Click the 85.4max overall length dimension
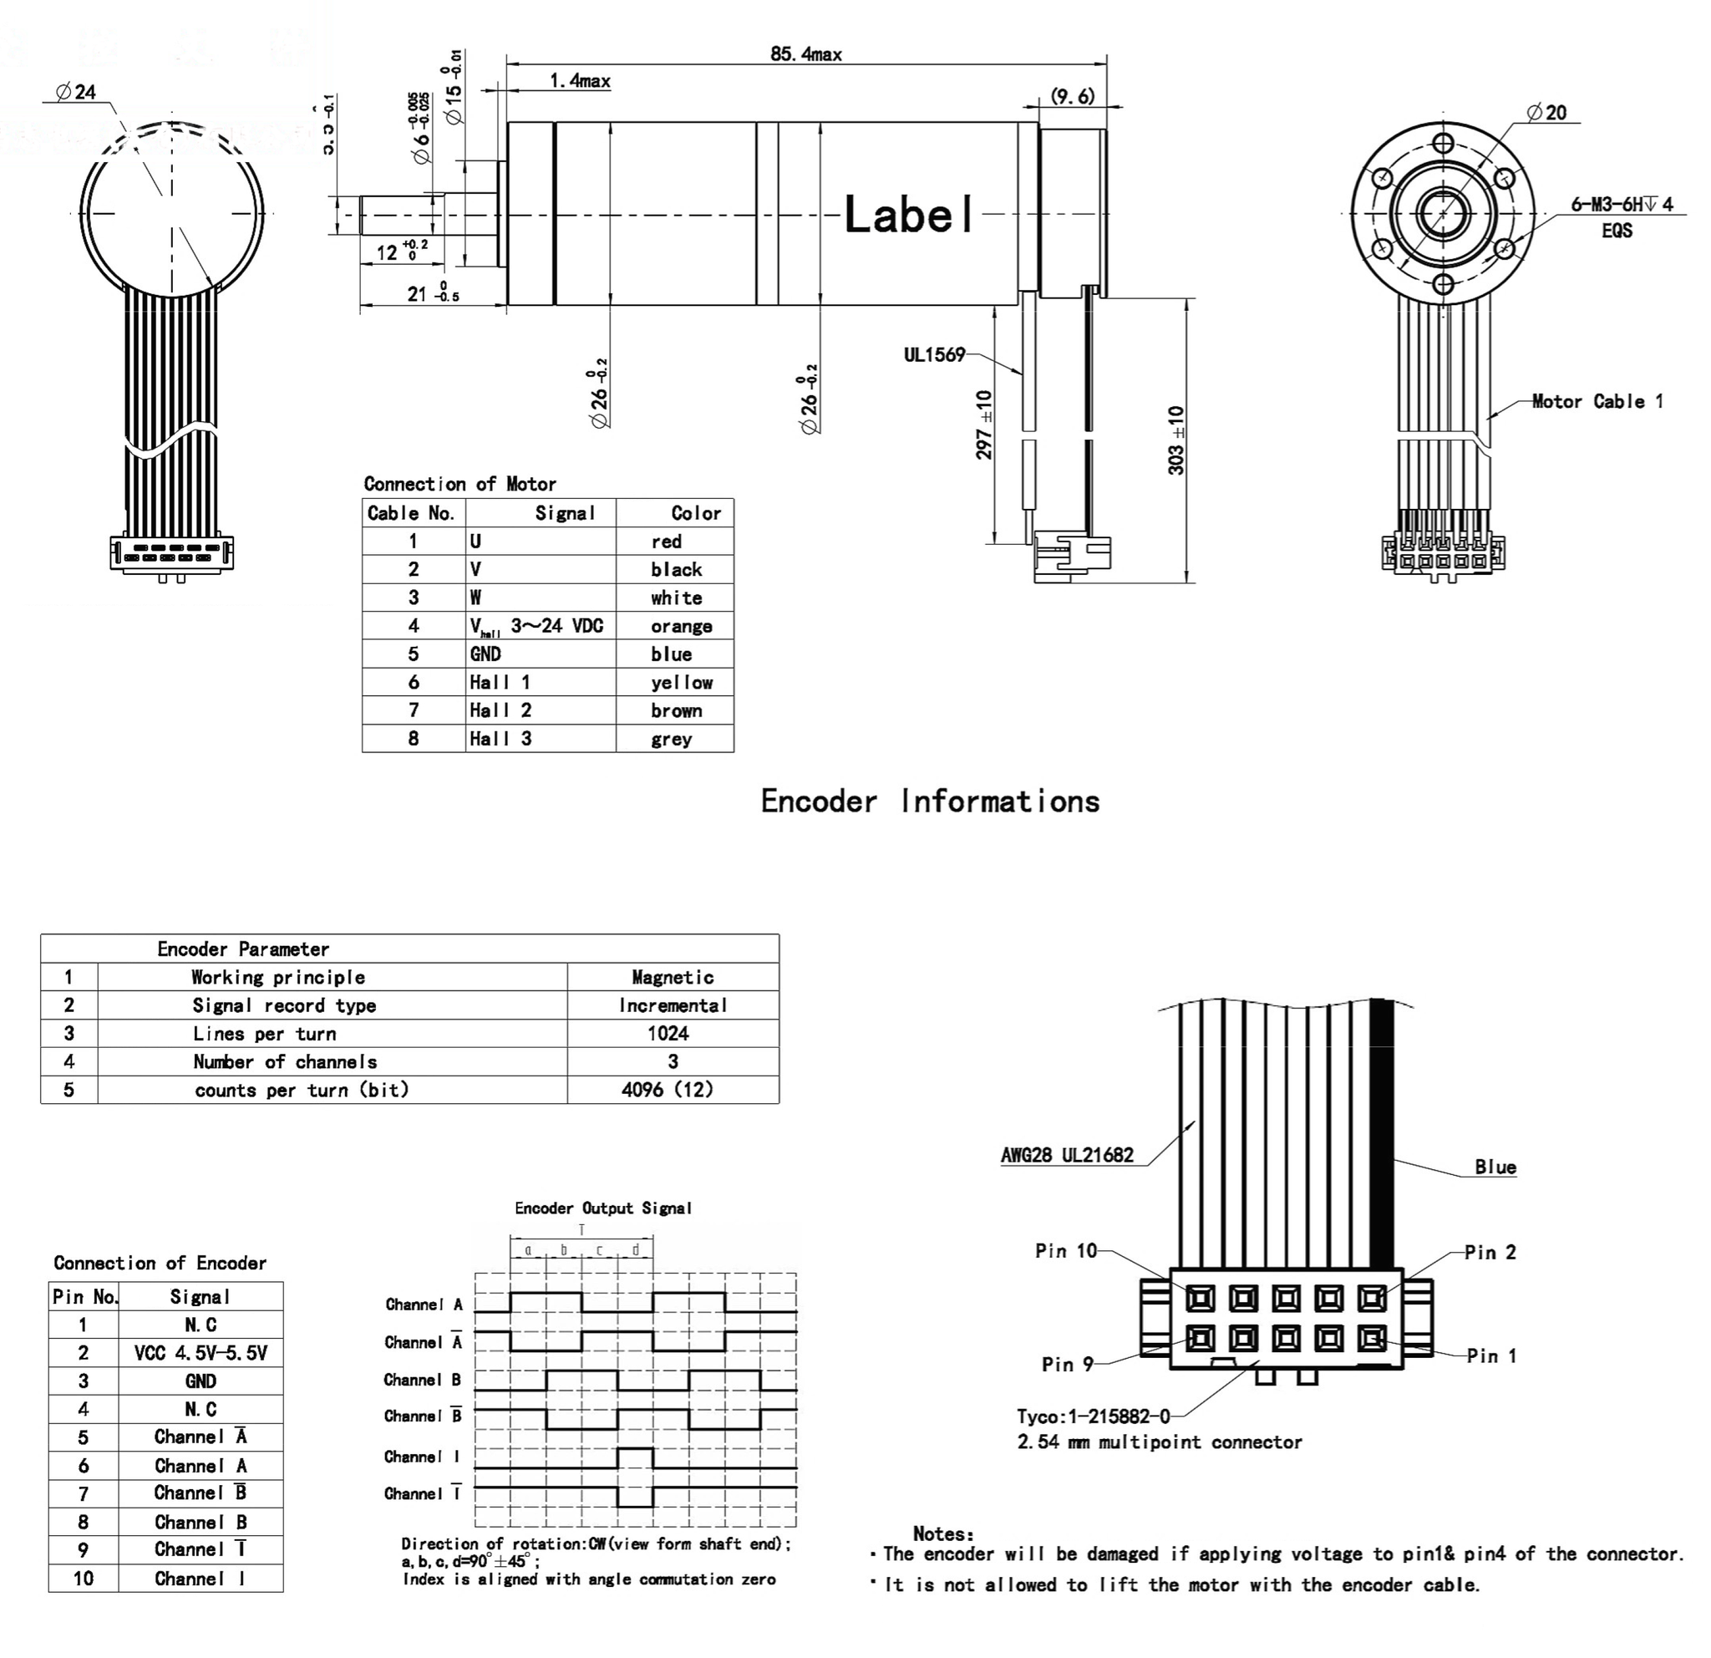coord(805,54)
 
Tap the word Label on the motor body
coord(909,214)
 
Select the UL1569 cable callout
coord(934,354)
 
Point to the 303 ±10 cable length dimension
coord(1175,440)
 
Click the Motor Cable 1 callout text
coord(1597,402)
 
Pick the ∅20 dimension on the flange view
coord(1547,113)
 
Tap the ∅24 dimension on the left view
coord(76,92)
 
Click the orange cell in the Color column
coord(681,626)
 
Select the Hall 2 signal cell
coord(500,710)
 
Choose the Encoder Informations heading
coord(930,801)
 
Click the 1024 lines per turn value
coord(668,1034)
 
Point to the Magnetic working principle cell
coord(673,977)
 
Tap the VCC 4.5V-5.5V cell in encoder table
coord(201,1353)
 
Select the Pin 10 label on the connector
coord(1066,1251)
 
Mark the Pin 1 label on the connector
coord(1491,1356)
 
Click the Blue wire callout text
coord(1495,1167)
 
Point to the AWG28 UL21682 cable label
coord(1067,1155)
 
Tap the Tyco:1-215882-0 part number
coord(1093,1416)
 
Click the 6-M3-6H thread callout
coord(1621,204)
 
